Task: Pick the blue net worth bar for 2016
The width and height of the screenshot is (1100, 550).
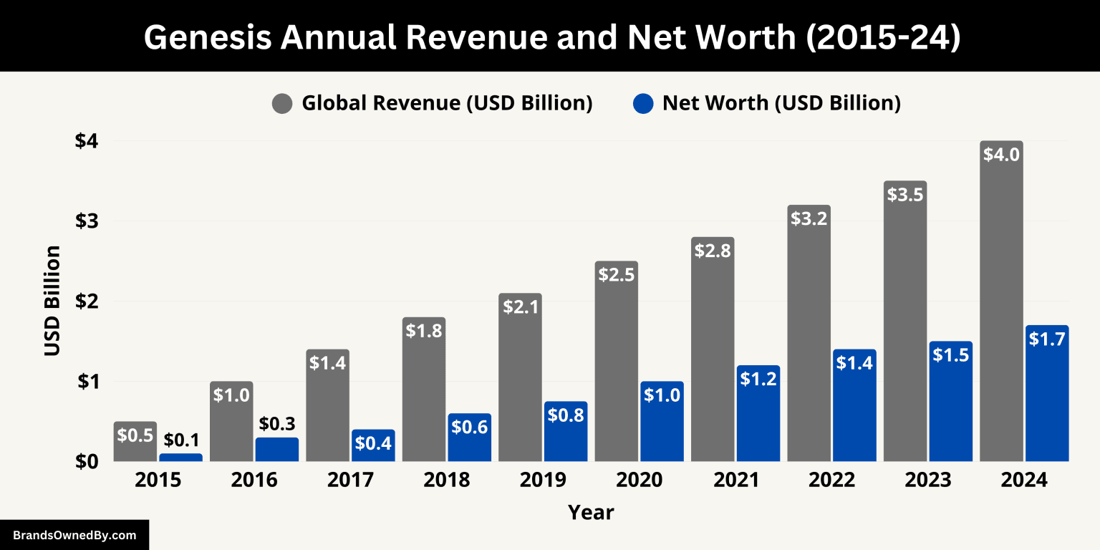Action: click(277, 449)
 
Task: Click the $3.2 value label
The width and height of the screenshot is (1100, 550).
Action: click(809, 218)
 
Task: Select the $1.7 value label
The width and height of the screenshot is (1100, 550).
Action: click(1048, 339)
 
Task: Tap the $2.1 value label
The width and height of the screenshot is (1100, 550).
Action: click(520, 307)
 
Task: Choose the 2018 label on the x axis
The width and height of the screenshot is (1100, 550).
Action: click(446, 480)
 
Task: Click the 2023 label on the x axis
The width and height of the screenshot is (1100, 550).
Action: click(927, 480)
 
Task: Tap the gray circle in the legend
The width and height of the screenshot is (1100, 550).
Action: click(282, 104)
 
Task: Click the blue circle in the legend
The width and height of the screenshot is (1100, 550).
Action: click(643, 104)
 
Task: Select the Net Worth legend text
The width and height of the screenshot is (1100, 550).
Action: click(781, 103)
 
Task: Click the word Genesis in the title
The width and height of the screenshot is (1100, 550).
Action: click(208, 38)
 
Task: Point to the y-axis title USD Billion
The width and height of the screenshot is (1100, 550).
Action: click(52, 301)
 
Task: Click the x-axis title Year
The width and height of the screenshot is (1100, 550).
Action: click(591, 512)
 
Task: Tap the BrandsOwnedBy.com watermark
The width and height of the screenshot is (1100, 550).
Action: click(74, 535)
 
